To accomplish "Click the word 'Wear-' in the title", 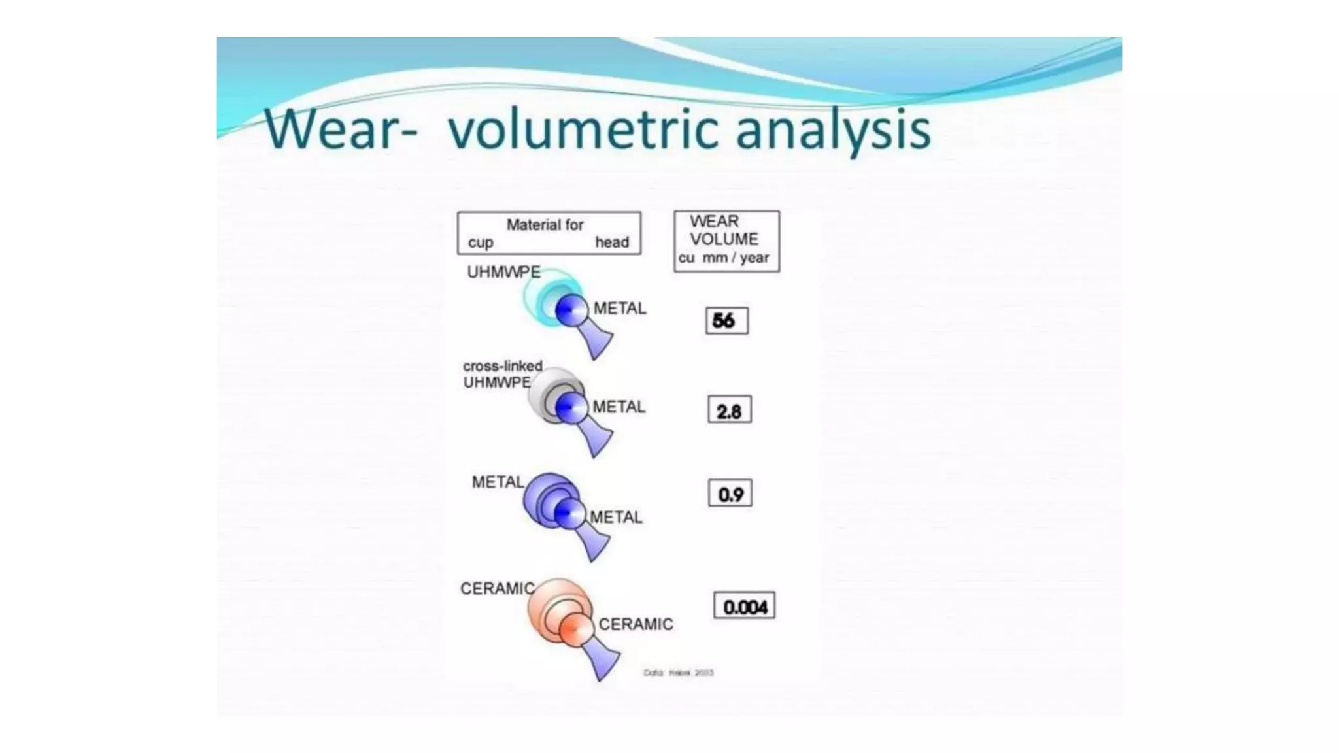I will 340,129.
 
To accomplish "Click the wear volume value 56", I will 726,321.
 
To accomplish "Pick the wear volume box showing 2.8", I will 729,410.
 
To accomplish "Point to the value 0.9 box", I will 730,494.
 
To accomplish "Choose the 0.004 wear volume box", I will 744,606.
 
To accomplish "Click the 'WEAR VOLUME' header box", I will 726,241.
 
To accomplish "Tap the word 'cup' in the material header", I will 481,243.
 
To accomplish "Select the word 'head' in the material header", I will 611,243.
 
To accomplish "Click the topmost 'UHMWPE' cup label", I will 503,272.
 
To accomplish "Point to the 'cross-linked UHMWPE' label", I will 502,375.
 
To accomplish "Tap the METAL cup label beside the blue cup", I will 498,482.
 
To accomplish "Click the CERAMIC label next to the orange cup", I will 497,589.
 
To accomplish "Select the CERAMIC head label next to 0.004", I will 636,625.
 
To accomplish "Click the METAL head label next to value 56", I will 619,309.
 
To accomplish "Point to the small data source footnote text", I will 678,673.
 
